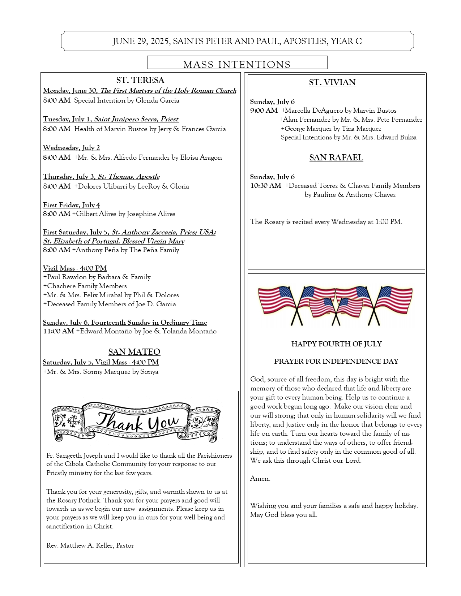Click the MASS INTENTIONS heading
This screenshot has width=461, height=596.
(237, 64)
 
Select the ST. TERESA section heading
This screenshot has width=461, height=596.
(140, 80)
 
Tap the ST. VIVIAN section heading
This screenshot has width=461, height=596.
(332, 82)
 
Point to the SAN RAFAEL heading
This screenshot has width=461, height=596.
(336, 157)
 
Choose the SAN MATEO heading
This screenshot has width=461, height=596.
(134, 352)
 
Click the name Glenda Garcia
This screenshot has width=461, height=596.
(157, 100)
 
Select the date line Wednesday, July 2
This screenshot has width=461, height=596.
(71, 148)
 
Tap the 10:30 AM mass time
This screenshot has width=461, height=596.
(266, 186)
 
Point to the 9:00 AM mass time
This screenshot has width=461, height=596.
(264, 111)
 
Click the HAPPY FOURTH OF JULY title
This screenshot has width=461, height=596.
(336, 344)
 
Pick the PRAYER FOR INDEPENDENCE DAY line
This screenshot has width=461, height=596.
(336, 361)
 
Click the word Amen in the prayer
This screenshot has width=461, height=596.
(260, 479)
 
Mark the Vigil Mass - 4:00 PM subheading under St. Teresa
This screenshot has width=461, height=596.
(75, 268)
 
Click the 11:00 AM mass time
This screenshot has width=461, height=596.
(58, 331)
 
